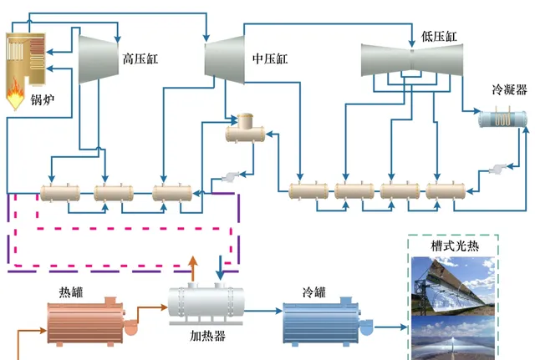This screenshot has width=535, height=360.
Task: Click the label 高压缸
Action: pos(140,60)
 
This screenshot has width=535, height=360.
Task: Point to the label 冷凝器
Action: pos(509,92)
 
